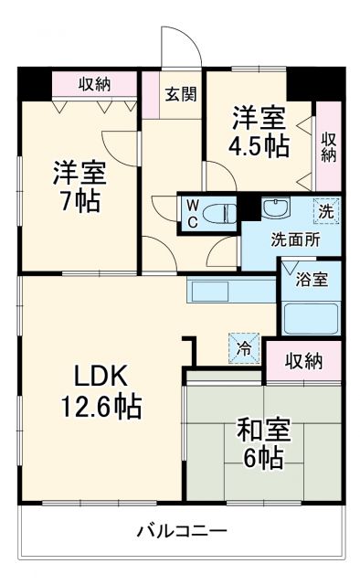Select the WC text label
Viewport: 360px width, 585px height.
tap(194, 212)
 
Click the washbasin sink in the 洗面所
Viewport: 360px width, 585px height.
tap(277, 208)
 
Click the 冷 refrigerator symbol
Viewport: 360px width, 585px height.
tap(244, 347)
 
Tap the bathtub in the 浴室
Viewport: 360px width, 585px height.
tap(311, 318)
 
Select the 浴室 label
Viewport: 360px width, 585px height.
tap(312, 281)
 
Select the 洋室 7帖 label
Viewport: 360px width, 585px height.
tap(78, 186)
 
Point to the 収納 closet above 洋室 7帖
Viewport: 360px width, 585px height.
tap(94, 84)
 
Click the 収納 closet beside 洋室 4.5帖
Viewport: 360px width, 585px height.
tap(328, 146)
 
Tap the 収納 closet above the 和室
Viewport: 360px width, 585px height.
tap(302, 361)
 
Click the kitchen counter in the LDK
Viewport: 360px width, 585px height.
tap(230, 291)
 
